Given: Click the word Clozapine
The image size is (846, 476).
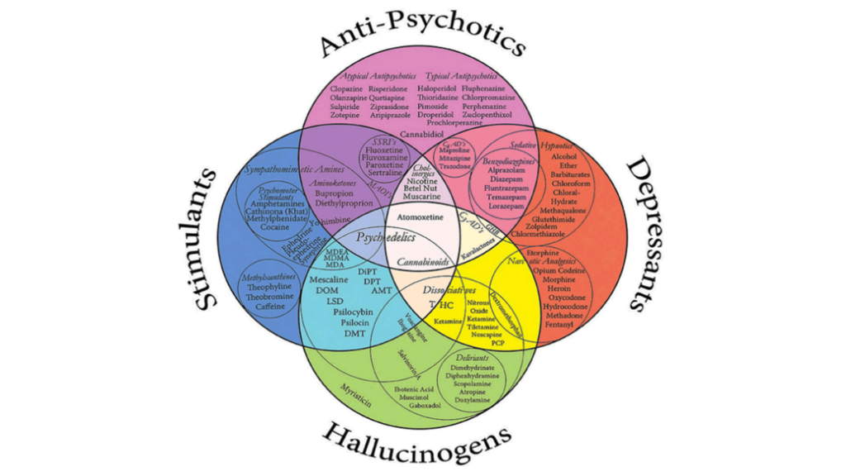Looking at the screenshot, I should [347, 88].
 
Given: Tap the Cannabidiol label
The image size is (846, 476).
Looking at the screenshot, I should [422, 133].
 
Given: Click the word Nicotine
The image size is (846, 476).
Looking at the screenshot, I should [421, 180].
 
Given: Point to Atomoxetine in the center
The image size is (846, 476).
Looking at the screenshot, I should [421, 217].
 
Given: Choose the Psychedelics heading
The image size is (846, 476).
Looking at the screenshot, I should [383, 237].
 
